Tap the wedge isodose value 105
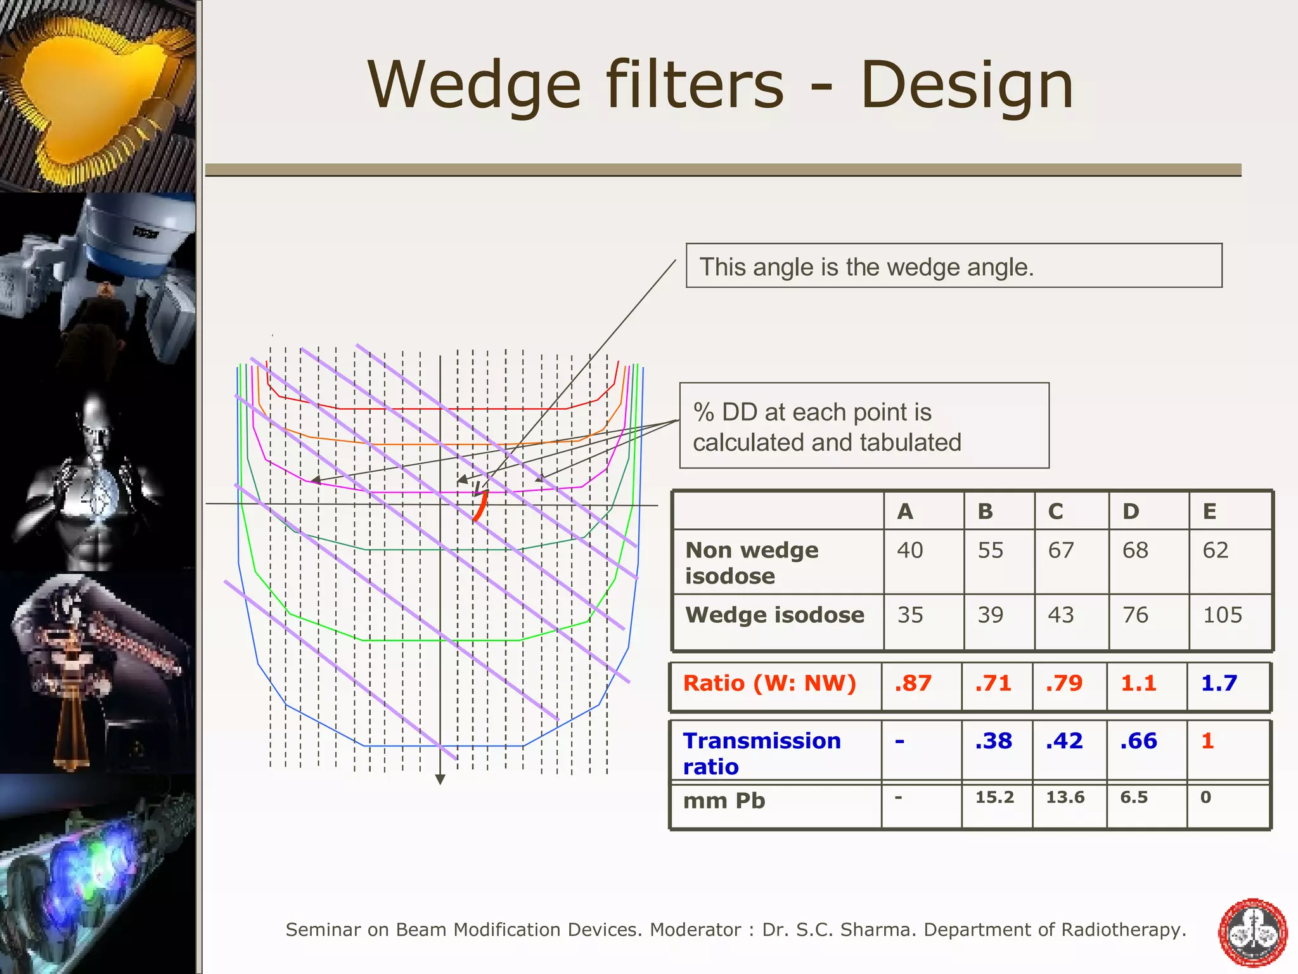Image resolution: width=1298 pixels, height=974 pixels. pos(1223,615)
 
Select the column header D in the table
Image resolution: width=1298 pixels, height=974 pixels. pos(1131,512)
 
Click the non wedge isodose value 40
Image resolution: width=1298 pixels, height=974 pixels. pos(910,550)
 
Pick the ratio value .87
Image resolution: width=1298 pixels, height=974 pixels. pos(913,684)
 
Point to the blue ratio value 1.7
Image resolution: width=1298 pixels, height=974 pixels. pos(1219,684)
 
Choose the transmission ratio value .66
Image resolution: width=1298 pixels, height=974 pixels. pos(1138,741)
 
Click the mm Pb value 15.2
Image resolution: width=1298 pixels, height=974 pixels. pos(994,798)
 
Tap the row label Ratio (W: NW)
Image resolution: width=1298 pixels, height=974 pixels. pos(769,684)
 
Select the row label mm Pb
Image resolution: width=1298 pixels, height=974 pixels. pos(724,802)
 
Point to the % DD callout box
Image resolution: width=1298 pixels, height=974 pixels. pos(863,426)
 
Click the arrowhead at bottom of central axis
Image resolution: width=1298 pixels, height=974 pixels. pos(440,779)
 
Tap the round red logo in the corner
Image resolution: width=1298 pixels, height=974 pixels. pos(1252,933)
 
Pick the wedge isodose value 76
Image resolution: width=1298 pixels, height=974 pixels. pos(1135,615)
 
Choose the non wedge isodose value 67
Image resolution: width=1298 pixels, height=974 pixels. pos(1061,550)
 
